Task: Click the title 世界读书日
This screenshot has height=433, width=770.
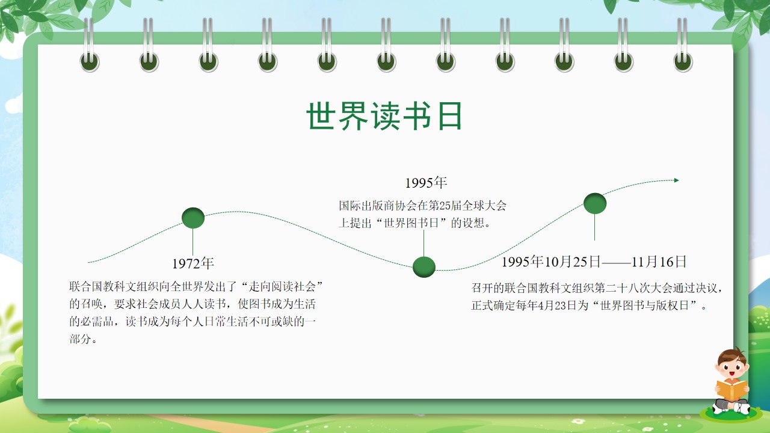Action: pos(384,116)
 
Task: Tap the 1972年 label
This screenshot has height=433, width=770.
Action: pos(193,263)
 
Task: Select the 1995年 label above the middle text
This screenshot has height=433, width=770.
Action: pos(426,182)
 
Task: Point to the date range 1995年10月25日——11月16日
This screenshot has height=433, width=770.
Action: pos(594,262)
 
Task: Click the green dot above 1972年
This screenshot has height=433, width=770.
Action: pos(193,218)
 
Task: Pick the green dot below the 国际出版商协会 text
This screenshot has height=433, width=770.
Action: pos(424,266)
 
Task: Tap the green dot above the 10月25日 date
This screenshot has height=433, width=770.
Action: pos(595,203)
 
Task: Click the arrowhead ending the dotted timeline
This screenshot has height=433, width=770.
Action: pos(677,180)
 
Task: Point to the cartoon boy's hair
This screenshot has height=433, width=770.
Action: pos(733,357)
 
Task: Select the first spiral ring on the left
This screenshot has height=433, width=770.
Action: pos(90,45)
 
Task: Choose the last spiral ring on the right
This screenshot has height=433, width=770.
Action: pos(683,45)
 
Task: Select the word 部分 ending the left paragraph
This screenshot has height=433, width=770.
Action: pos(80,339)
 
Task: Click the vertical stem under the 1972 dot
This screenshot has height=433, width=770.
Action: pos(192,242)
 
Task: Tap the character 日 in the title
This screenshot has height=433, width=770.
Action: pos(450,116)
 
